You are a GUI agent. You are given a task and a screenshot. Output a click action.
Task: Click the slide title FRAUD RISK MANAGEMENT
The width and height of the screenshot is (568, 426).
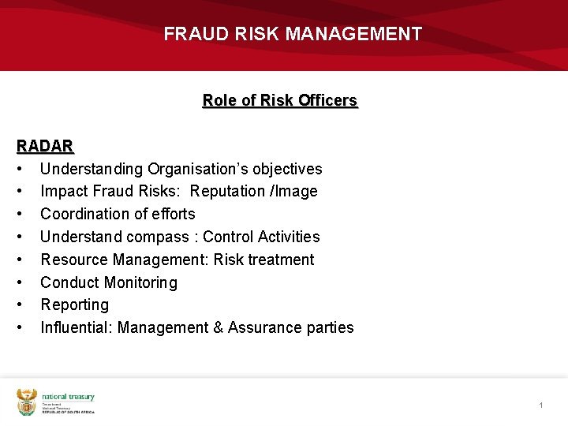[x=293, y=34]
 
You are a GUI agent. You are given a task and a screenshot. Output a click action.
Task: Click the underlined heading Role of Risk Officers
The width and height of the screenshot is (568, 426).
[x=280, y=100]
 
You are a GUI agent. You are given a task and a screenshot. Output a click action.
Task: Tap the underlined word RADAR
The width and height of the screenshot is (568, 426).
[x=45, y=146]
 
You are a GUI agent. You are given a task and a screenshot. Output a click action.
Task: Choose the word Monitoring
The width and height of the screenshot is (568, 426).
[x=139, y=282]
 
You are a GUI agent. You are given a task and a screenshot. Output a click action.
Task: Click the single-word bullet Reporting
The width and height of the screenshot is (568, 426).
[x=75, y=305]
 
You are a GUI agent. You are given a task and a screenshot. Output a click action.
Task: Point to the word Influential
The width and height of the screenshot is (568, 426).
[x=74, y=327]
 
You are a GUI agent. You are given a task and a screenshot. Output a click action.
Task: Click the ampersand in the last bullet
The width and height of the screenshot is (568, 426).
[x=218, y=327]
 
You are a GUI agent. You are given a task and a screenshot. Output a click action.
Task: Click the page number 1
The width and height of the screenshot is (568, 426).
[x=541, y=405]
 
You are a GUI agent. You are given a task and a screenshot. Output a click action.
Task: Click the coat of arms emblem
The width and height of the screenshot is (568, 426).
[x=27, y=402]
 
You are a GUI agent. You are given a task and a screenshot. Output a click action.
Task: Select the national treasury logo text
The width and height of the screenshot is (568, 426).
[x=68, y=398]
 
